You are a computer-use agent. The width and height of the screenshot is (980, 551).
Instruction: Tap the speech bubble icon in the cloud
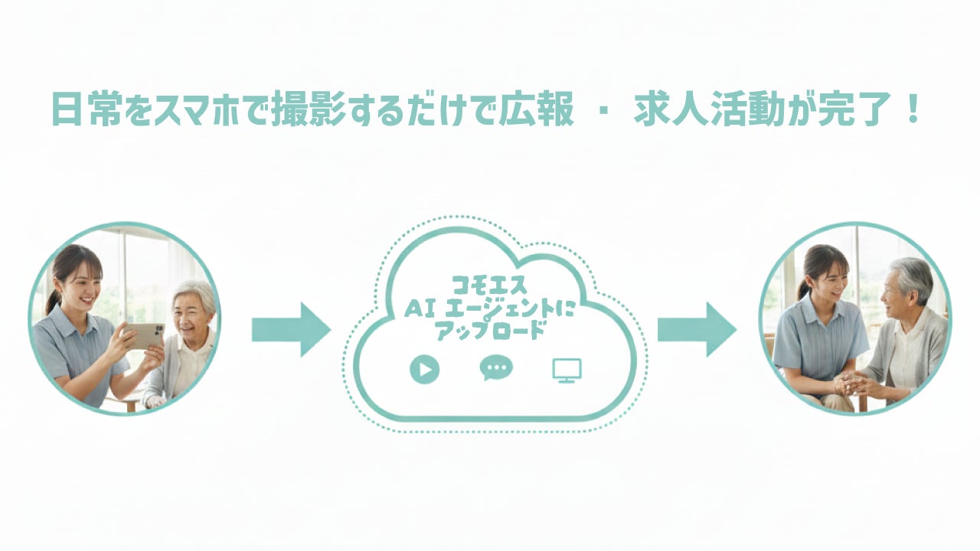click(496, 369)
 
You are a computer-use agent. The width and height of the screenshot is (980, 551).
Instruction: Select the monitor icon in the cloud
click(567, 370)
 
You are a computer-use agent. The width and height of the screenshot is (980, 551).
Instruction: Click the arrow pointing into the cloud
click(291, 329)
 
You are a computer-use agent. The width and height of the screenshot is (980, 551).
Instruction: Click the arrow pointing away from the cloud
click(697, 329)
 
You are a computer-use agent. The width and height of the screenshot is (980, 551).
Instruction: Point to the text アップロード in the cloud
click(490, 331)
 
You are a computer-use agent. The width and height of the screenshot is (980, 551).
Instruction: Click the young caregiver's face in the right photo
click(828, 280)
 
